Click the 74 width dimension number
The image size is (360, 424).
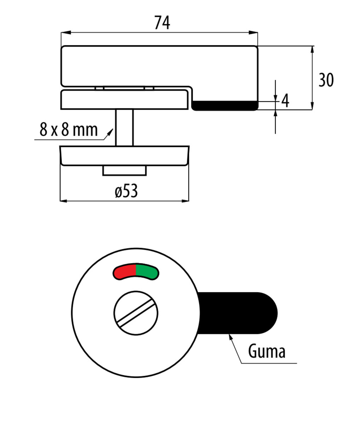[162, 23]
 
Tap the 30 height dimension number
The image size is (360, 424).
[326, 80]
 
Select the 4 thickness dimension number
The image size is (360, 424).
[285, 100]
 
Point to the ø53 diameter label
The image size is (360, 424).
[126, 191]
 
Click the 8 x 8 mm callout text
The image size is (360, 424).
[69, 129]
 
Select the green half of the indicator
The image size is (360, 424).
[147, 272]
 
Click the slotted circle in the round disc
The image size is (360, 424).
[136, 313]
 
